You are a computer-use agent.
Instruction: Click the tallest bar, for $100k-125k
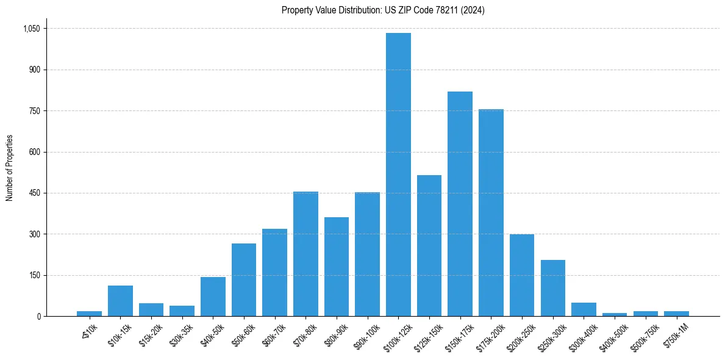pyautogui.click(x=398, y=175)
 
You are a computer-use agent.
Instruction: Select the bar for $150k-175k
pyautogui.click(x=460, y=204)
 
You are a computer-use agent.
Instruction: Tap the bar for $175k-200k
pyautogui.click(x=491, y=212)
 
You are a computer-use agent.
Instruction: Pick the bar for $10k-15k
pyautogui.click(x=120, y=301)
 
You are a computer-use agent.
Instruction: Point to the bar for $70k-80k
pyautogui.click(x=305, y=254)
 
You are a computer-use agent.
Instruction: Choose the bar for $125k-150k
pyautogui.click(x=429, y=245)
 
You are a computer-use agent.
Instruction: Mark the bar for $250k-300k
pyautogui.click(x=552, y=288)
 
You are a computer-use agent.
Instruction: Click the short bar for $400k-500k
pyautogui.click(x=615, y=314)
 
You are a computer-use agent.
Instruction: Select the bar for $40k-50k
pyautogui.click(x=213, y=297)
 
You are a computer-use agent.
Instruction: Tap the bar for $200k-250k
pyautogui.click(x=522, y=275)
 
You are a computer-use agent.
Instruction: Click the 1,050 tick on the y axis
pyautogui.click(x=31, y=29)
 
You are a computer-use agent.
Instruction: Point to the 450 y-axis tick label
pyautogui.click(x=34, y=193)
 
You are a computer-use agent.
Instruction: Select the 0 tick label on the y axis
pyautogui.click(x=38, y=317)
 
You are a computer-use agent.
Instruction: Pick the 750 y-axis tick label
pyautogui.click(x=34, y=111)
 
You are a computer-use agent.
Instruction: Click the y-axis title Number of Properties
pyautogui.click(x=9, y=168)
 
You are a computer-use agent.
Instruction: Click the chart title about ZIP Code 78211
pyautogui.click(x=383, y=10)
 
